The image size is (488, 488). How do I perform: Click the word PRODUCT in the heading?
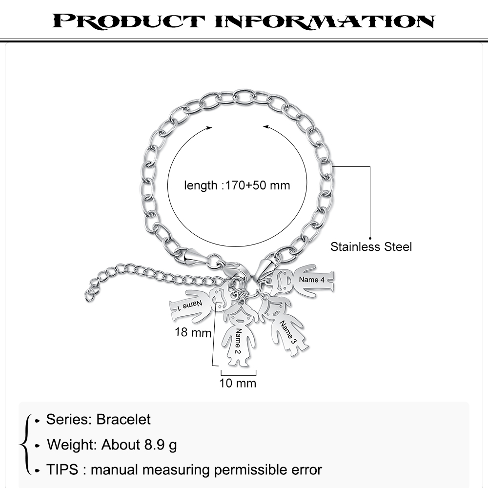[x=128, y=21]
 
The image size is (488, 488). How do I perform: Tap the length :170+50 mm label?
[x=237, y=185]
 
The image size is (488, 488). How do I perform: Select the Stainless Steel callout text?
[x=371, y=247]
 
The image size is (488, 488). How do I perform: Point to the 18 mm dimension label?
[x=193, y=333]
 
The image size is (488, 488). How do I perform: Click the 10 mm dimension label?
[x=238, y=383]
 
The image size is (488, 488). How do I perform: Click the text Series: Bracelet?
[x=99, y=419]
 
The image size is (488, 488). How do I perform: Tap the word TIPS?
[x=62, y=470]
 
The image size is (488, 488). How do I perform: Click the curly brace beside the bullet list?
[x=25, y=444]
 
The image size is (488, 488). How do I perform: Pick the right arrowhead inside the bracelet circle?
[x=266, y=127]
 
